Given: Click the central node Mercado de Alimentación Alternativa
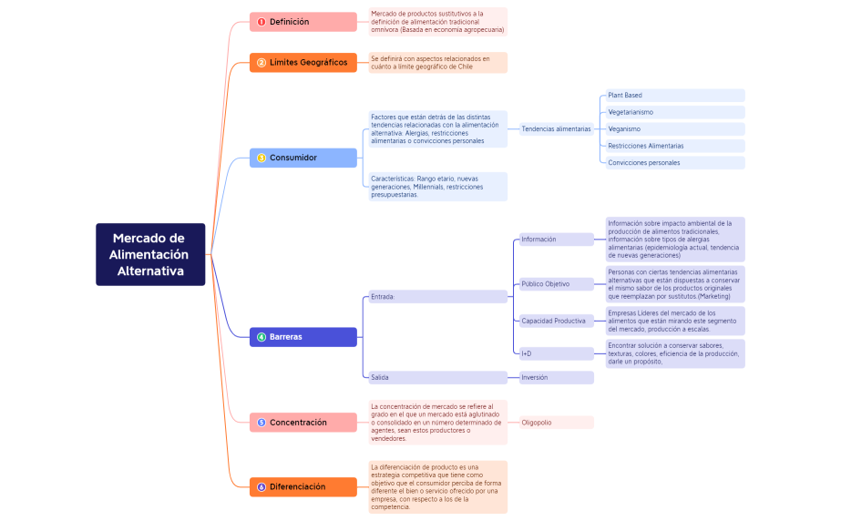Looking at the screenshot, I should tap(150, 254).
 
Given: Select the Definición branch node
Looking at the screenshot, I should tap(303, 22).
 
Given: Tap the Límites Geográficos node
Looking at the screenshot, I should tap(303, 63).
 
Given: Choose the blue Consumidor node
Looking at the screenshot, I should tap(303, 158).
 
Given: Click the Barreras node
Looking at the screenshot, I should tap(303, 337).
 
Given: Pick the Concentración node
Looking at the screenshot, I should tap(303, 423).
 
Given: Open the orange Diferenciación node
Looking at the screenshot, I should tap(303, 487).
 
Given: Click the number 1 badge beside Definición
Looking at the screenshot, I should tap(262, 22).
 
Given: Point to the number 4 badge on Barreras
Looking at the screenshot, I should tap(262, 337).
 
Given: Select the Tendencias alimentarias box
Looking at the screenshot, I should tap(556, 129).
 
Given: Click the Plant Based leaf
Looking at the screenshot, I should tap(674, 96).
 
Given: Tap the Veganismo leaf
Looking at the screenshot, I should tap(674, 129).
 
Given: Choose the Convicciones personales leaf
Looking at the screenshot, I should tap(674, 163).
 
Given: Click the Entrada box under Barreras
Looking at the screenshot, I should tap(436, 297).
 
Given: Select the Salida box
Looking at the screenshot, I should tap(436, 377).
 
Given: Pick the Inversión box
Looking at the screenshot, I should tap(556, 377).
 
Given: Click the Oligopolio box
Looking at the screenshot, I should tap(556, 423).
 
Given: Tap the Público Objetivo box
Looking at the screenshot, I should tap(556, 284).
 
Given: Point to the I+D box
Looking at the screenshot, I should tap(556, 353).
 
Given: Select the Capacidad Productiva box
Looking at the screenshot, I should tap(556, 321).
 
